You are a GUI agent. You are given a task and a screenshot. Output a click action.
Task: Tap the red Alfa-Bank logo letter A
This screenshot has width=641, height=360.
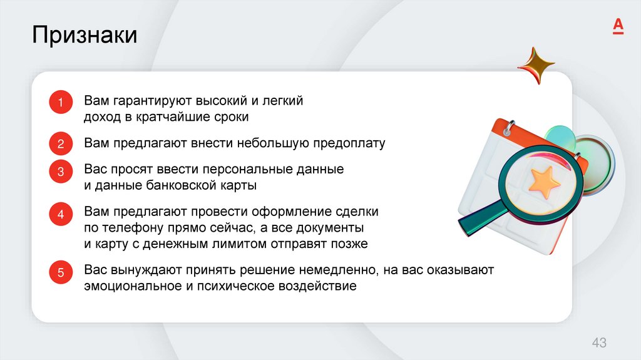617,26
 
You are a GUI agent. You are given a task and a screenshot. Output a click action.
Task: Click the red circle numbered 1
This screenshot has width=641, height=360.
61,103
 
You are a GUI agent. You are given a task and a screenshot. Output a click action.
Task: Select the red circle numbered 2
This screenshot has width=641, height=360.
61,144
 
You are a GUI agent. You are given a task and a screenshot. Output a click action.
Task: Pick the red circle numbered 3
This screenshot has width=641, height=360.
61,172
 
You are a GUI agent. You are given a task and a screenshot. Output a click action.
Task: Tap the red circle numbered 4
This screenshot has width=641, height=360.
61,215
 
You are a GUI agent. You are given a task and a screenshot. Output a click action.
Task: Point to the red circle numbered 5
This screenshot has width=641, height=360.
61,272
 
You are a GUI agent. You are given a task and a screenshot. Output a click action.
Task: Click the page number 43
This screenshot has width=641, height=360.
599,342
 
